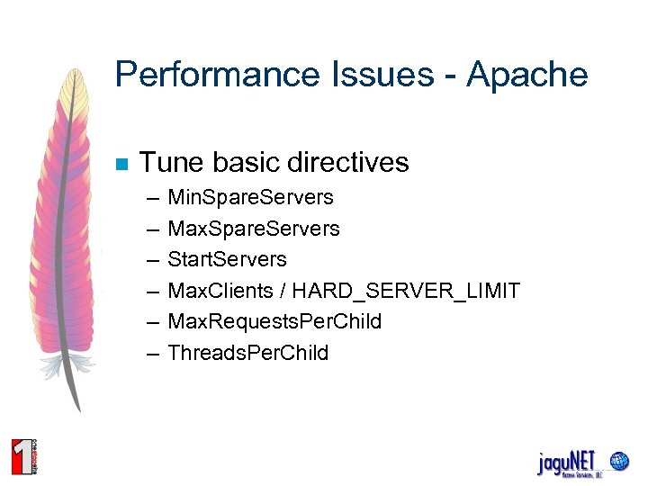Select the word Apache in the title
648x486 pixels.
[527, 75]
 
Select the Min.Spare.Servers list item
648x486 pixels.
[250, 197]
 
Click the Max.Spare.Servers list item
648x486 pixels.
[253, 229]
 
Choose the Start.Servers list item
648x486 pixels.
[227, 259]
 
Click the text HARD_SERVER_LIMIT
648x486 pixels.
[406, 291]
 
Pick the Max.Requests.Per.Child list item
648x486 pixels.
[274, 321]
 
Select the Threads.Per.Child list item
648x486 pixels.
[247, 353]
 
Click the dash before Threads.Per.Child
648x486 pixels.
[149, 353]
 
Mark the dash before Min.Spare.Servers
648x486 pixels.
[149, 198]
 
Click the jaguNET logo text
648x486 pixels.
[567, 463]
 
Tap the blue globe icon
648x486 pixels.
[619, 462]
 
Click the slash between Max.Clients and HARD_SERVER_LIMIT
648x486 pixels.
[282, 291]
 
